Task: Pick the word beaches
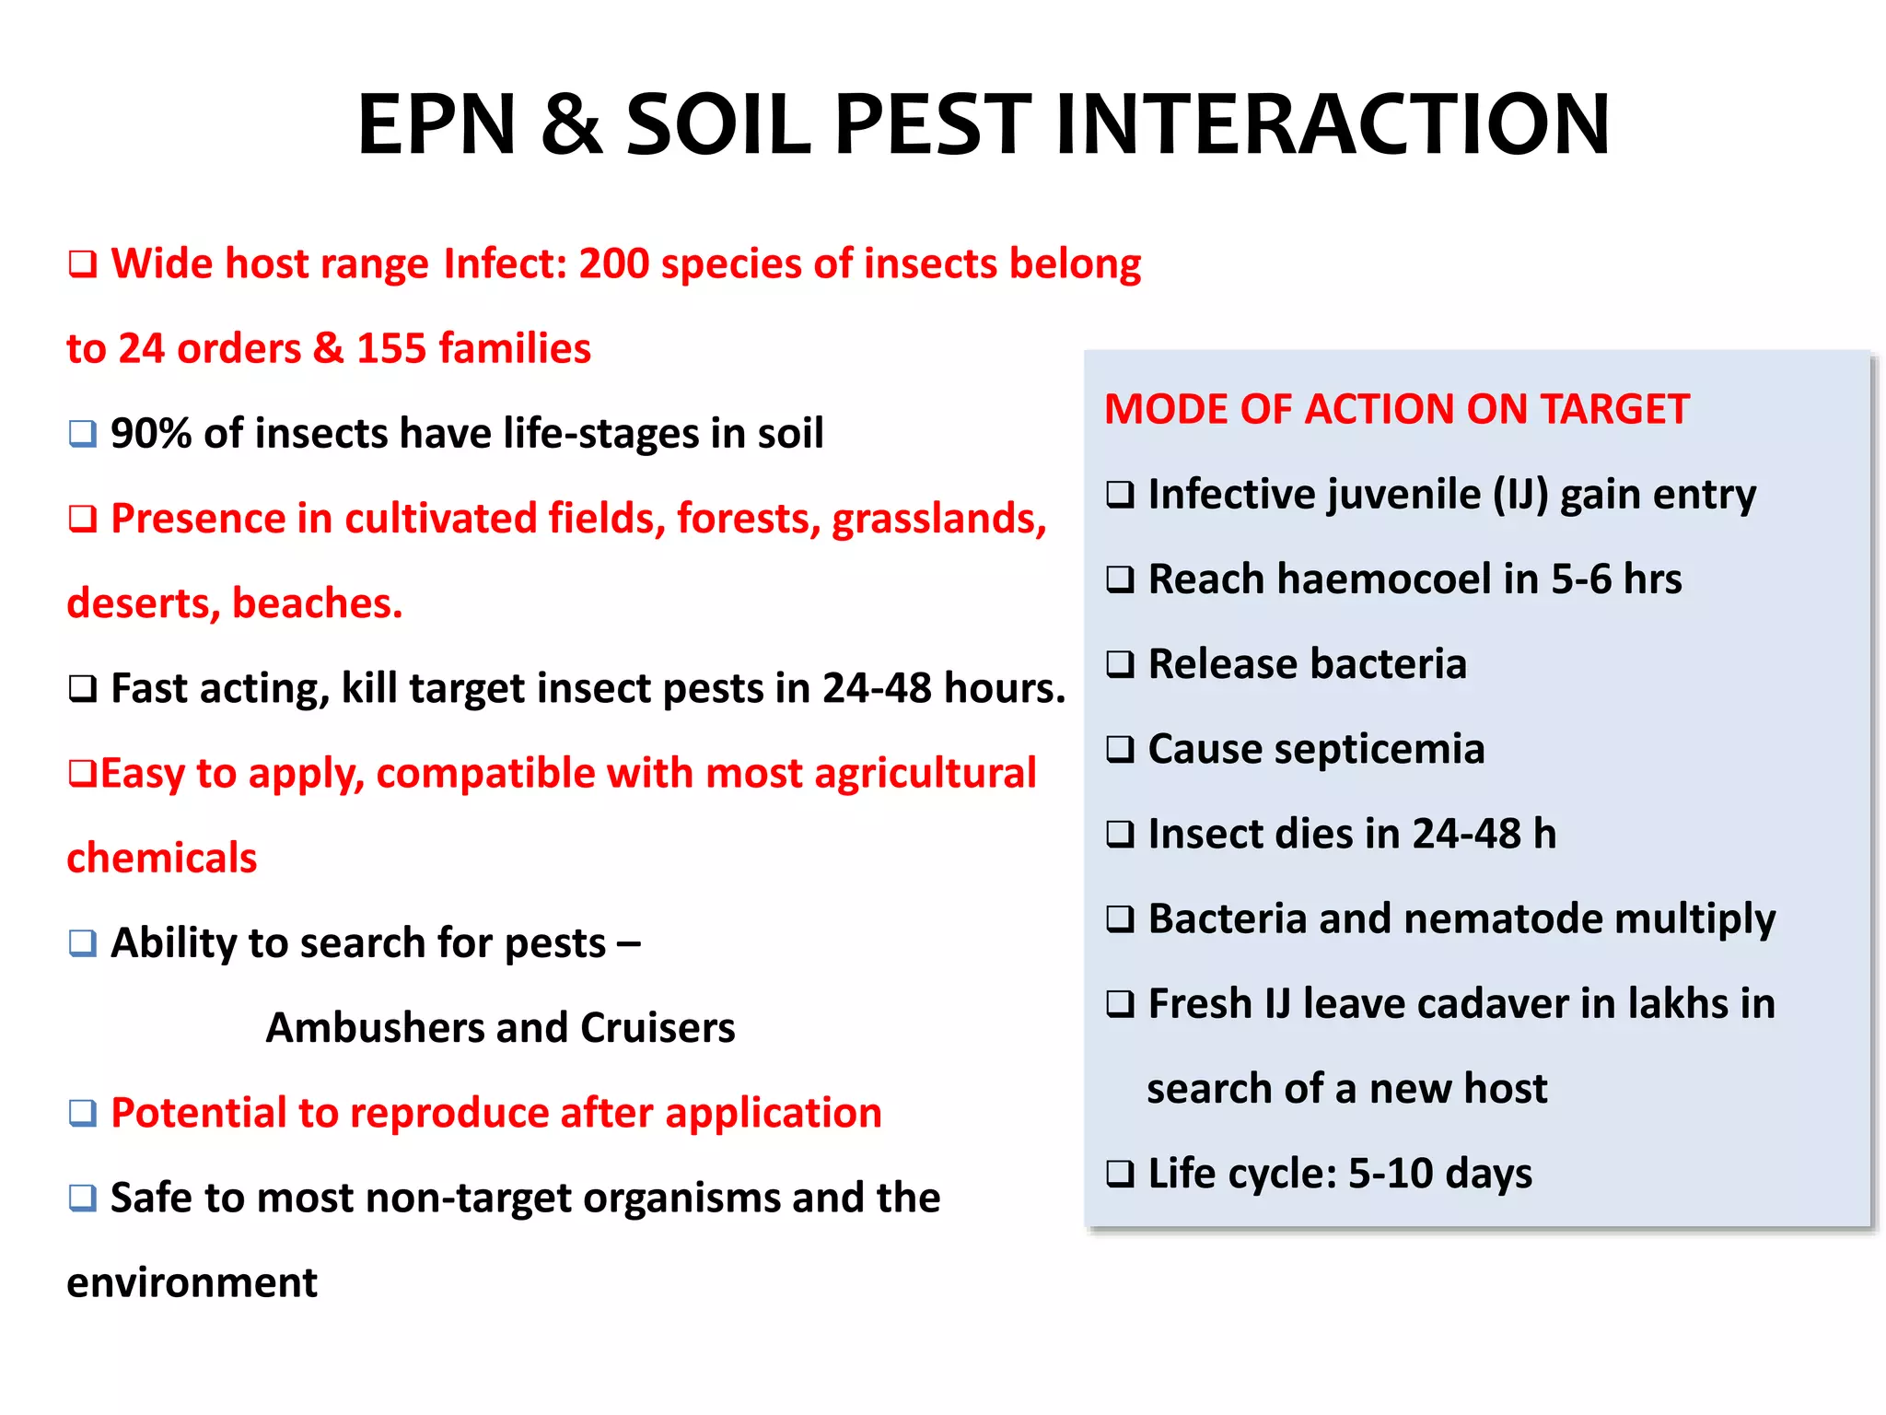(x=317, y=603)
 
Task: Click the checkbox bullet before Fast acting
(x=83, y=689)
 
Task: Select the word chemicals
(x=162, y=858)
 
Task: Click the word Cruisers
(x=658, y=1028)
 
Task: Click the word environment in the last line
(x=192, y=1282)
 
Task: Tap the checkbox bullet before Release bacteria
(x=1120, y=664)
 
